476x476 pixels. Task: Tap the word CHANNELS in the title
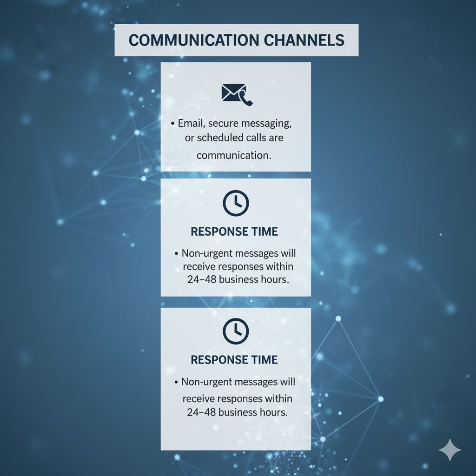[304, 40]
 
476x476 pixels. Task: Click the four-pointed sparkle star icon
[450, 450]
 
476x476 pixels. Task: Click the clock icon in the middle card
[236, 204]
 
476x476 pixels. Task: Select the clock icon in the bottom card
[236, 331]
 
